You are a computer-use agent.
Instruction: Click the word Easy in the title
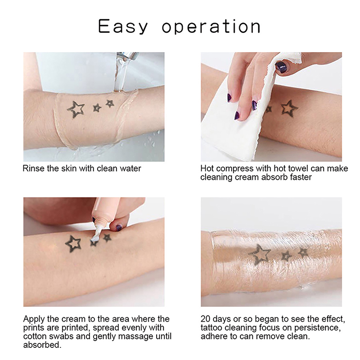click(123, 27)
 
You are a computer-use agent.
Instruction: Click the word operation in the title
click(211, 27)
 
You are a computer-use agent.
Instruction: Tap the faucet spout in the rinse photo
click(127, 56)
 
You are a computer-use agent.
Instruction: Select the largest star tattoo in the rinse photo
click(76, 109)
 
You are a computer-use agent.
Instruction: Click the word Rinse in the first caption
click(33, 168)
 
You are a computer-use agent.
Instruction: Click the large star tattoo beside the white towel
click(289, 108)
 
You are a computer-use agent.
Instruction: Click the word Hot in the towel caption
click(207, 168)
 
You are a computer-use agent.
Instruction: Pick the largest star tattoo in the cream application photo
click(73, 244)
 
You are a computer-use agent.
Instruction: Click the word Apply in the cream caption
click(34, 319)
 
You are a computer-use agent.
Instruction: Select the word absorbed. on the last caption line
click(42, 345)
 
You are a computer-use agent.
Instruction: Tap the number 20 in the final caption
click(206, 319)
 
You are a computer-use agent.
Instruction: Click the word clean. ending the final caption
click(298, 337)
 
